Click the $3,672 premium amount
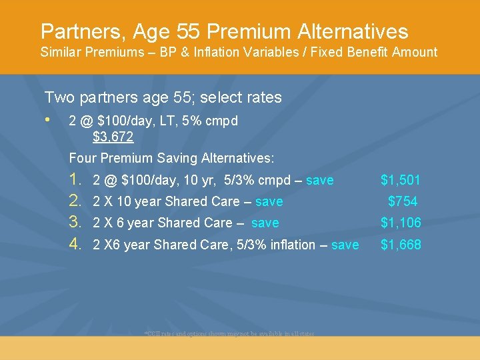pos(113,137)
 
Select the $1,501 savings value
pos(401,180)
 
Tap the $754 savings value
pos(403,201)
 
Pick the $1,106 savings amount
pos(401,223)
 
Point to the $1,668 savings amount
pos(401,245)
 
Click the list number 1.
pos(76,180)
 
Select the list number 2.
pos(76,201)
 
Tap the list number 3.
pos(76,223)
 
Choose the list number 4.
pos(76,245)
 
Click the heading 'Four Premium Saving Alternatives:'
pos(171,158)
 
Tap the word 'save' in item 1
pos(320,180)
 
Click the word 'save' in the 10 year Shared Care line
pos(269,201)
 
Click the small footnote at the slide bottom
pos(229,333)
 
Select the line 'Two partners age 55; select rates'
pos(163,97)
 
